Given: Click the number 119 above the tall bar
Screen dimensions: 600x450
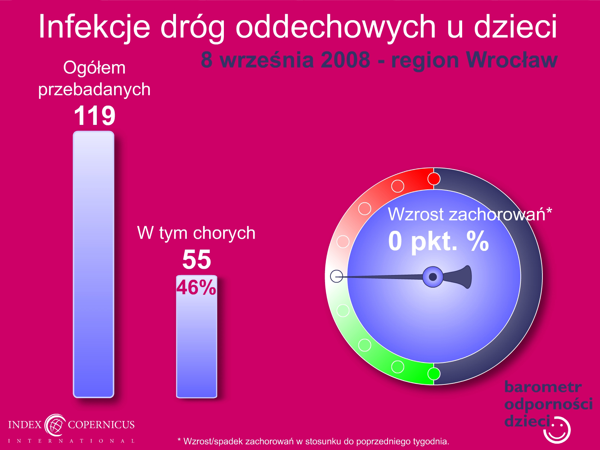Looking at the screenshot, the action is coord(95,116).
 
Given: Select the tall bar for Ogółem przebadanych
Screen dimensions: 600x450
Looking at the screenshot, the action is coord(94,264).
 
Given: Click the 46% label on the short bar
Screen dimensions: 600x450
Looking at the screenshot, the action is coord(196,288).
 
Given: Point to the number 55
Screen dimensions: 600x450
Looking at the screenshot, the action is coord(197,259).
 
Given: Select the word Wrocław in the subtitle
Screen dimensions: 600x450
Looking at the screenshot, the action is coord(512,60).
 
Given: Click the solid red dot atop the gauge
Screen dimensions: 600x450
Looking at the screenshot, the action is coord(434,179).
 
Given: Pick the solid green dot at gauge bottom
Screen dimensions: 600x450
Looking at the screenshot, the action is coord(434,374).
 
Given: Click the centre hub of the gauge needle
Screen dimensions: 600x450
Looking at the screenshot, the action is coord(433,277).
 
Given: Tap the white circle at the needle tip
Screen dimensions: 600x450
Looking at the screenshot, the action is coord(337,276).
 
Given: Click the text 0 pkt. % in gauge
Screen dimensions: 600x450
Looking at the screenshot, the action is coord(438,241).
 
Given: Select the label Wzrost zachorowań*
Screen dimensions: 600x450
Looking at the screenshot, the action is coord(470,214).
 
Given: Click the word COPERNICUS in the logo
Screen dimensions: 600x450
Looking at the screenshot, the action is coord(101,424).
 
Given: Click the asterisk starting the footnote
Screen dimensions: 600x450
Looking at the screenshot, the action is coord(179,440).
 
